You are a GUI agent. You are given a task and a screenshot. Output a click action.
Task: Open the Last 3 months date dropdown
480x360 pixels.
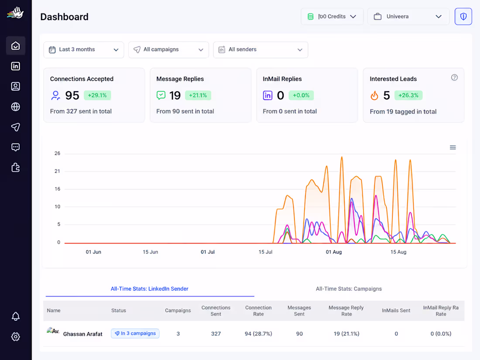(84, 50)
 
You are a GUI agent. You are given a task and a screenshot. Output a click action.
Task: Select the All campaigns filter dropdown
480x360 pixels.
(168, 50)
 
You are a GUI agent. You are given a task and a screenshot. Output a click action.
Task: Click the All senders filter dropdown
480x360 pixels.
(261, 50)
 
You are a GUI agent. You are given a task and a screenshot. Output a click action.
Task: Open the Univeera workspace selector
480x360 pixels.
(408, 17)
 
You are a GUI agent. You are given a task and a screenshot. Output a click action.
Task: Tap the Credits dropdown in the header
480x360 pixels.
(332, 17)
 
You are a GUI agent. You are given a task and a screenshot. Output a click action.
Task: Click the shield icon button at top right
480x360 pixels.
(463, 17)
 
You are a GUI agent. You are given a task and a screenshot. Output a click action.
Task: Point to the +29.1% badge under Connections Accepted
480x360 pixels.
(97, 95)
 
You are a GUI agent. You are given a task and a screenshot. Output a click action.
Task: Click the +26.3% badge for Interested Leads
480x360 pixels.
(408, 95)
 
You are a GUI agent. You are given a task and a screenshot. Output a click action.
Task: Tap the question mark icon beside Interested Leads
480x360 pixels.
(454, 77)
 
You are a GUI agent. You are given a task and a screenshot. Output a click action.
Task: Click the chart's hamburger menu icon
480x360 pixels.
(453, 147)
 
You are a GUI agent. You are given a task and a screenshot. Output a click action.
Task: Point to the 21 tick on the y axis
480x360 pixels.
(57, 171)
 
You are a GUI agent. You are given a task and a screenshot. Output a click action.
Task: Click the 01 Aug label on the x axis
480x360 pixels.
(334, 252)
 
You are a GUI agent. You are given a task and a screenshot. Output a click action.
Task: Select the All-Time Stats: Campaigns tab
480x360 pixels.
(349, 289)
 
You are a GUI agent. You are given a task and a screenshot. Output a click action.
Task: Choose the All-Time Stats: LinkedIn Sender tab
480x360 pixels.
(149, 289)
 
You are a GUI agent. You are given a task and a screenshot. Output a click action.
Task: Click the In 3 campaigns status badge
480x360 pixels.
(135, 333)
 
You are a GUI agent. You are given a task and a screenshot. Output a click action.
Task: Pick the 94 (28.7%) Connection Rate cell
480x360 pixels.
(258, 334)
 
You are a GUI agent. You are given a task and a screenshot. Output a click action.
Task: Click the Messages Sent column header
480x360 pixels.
(299, 311)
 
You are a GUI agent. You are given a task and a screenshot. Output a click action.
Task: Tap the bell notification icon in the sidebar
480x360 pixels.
(16, 316)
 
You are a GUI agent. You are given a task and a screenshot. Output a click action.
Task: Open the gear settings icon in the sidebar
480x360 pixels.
(16, 337)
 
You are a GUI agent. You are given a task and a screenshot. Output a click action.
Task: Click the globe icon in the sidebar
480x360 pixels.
(16, 107)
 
